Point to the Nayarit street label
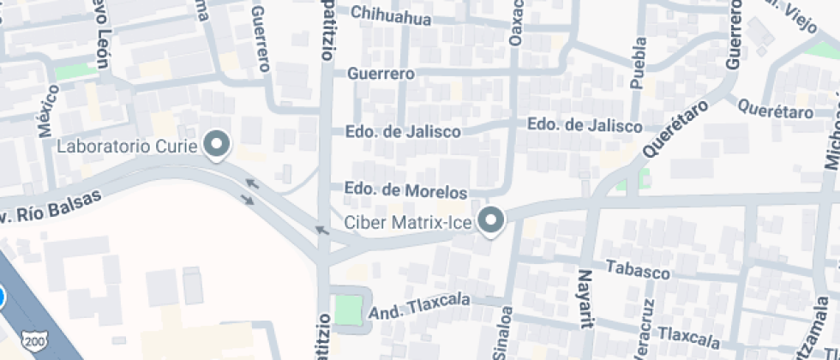585,299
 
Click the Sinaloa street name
505,332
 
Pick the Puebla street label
638,63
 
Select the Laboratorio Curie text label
128,146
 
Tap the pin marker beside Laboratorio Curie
218,144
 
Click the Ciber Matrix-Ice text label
410,222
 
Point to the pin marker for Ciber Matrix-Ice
491,220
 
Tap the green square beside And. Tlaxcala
348,310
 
